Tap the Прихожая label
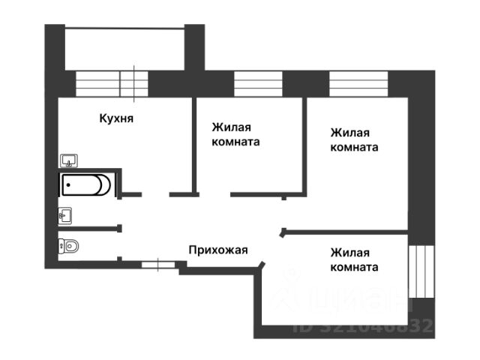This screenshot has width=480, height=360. [x=217, y=250]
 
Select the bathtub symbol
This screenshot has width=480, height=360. [x=86, y=184]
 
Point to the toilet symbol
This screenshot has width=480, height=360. [x=69, y=244]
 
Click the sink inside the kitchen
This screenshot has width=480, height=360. [x=69, y=160]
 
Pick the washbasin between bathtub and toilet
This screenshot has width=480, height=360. [x=65, y=216]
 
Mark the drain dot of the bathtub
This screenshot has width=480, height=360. [x=68, y=184]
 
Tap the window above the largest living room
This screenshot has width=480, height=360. [x=356, y=82]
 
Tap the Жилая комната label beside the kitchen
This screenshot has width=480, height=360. [x=236, y=134]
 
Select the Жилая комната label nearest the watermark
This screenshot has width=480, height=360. [x=354, y=260]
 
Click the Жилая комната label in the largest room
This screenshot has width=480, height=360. [x=354, y=139]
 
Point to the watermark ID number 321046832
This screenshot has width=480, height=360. [x=364, y=326]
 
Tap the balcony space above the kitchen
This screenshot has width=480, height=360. [x=124, y=49]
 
